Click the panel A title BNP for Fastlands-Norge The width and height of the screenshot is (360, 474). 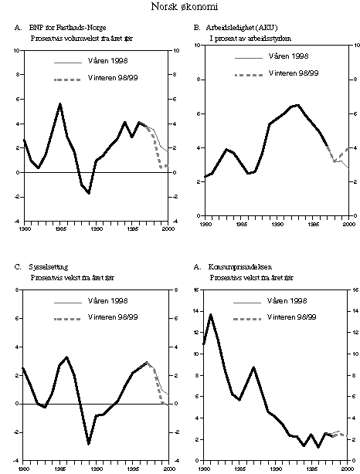tap(73, 28)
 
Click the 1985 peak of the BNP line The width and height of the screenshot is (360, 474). tap(59, 103)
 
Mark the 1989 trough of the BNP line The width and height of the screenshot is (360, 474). tap(89, 193)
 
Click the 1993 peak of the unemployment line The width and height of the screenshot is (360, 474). tap(298, 104)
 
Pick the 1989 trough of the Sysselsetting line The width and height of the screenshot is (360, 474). tap(89, 444)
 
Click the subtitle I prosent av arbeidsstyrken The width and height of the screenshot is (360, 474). tap(243, 37)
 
